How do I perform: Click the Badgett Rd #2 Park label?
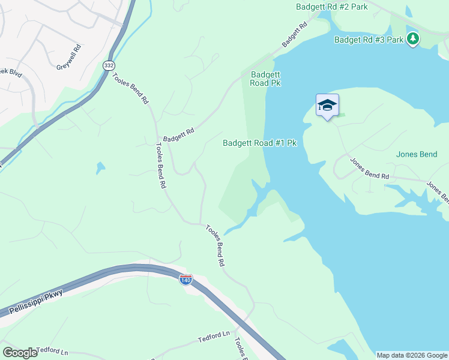331,7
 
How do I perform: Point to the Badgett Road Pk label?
265,79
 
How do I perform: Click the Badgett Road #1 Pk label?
260,143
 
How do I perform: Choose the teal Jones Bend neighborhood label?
417,154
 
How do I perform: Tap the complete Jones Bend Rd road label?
369,169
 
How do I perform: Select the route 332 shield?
109,65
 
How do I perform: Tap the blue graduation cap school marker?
327,106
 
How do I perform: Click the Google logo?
20,352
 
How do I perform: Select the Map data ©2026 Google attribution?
412,355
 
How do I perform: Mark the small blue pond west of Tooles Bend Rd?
100,168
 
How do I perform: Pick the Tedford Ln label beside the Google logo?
52,350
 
